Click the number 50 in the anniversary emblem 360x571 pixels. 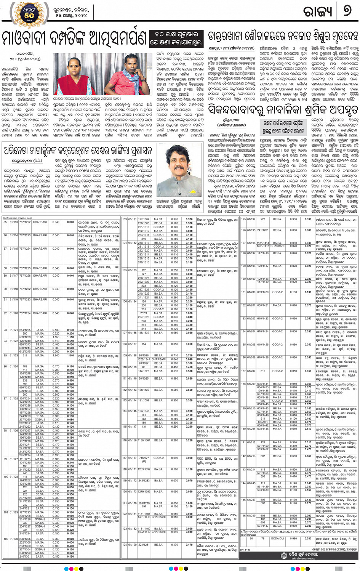29,15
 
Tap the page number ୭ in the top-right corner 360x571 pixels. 347,11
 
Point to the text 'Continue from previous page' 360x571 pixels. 18,218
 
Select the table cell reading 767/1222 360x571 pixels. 25,222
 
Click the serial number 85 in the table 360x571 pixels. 5,222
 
